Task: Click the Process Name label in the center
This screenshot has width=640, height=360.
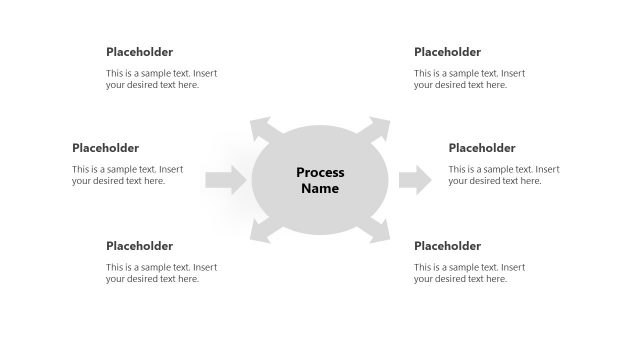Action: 320,180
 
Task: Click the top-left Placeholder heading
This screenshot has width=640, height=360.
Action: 139,52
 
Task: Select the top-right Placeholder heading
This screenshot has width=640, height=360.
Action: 447,52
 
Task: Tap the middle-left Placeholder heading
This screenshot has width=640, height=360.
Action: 105,148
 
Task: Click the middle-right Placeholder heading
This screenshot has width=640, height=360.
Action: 482,148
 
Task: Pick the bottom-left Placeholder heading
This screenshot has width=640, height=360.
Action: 139,246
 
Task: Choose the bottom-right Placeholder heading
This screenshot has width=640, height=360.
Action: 447,246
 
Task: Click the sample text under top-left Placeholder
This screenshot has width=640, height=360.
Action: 161,79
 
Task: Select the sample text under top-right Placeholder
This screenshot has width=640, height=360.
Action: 469,79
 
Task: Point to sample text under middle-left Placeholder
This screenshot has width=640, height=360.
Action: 127,175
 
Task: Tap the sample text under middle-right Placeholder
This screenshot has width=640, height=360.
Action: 504,175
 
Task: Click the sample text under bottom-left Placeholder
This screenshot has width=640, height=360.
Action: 161,273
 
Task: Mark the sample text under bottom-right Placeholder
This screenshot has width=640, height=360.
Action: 469,273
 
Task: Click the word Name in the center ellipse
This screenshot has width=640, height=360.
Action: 320,189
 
